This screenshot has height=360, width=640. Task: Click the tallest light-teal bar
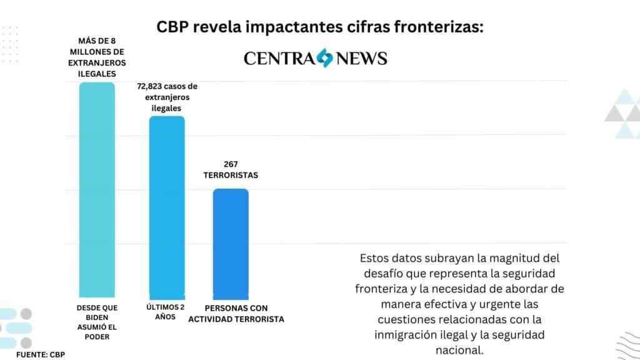(x=97, y=187)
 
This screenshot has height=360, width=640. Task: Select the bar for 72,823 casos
(x=166, y=206)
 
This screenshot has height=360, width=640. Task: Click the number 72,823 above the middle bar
(x=152, y=87)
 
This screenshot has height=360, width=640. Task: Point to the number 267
(x=231, y=164)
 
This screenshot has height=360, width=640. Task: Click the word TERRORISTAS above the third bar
(x=231, y=176)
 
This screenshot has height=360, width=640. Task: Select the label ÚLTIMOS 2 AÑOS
(x=166, y=312)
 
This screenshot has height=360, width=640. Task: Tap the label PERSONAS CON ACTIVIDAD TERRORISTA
(x=244, y=313)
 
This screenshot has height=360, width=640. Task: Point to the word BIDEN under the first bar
(x=97, y=317)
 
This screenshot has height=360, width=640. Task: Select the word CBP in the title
(x=171, y=29)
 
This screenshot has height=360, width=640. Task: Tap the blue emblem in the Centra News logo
(x=324, y=58)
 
